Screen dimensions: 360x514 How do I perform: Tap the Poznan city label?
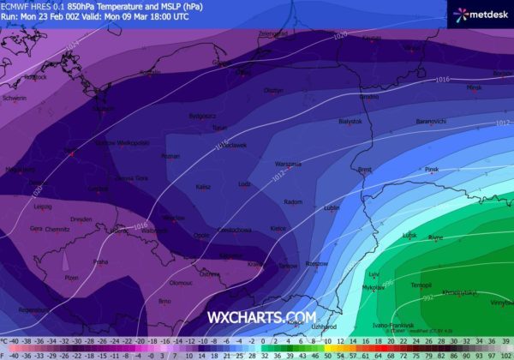[170, 156]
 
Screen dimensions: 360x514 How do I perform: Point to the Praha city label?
[100, 261]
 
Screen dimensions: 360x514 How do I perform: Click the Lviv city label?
[374, 274]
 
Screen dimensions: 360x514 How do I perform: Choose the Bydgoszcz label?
[203, 115]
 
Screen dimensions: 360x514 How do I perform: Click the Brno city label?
[166, 301]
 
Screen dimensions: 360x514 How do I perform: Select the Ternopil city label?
[421, 284]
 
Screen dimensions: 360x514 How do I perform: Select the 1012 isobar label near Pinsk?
[502, 123]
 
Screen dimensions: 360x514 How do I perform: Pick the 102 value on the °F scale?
[505, 353]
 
